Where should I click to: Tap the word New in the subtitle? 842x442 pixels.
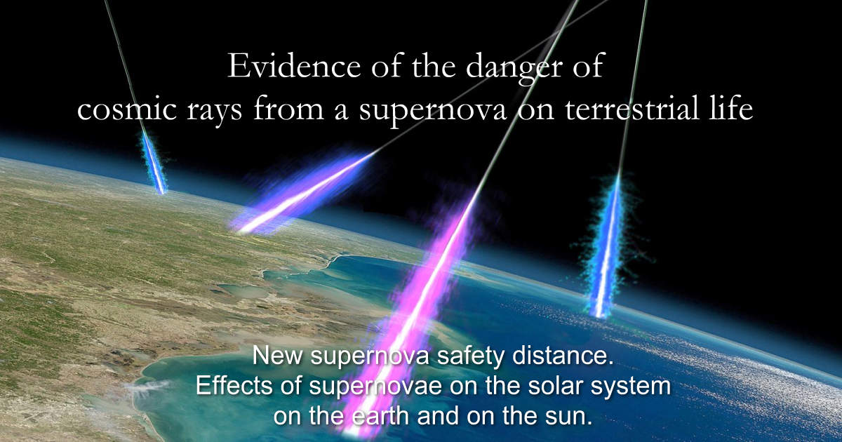click(x=277, y=356)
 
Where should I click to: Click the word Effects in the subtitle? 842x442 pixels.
click(x=234, y=386)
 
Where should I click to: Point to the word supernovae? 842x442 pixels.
click(x=375, y=388)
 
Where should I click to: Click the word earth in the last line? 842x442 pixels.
click(x=381, y=415)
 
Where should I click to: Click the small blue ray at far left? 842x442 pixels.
click(x=154, y=161)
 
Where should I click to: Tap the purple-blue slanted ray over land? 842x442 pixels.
click(x=302, y=194)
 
